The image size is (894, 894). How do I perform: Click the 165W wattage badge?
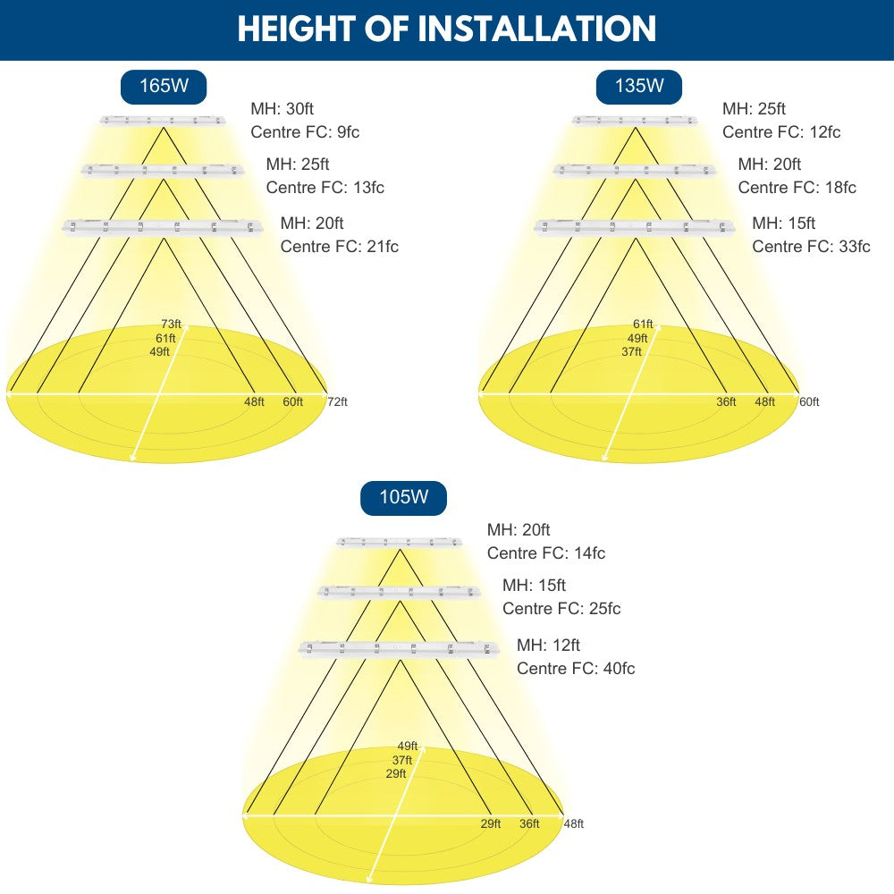[164, 87]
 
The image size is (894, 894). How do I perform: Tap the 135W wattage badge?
[639, 87]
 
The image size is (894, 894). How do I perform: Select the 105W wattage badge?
[403, 498]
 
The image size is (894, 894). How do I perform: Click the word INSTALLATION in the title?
[538, 29]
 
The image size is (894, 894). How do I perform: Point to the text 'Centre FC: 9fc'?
[305, 132]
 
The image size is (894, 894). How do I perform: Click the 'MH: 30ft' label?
[282, 109]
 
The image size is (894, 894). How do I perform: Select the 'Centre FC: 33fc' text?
[811, 247]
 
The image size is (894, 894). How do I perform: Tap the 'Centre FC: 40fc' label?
[576, 669]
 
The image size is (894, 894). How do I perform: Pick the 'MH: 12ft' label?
[548, 645]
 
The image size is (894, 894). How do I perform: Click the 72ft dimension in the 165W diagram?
[337, 402]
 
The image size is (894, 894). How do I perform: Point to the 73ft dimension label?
[171, 324]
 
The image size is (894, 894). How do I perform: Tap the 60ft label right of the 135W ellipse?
[809, 402]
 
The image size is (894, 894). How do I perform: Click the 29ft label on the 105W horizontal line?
[491, 824]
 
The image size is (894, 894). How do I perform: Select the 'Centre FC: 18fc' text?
[797, 188]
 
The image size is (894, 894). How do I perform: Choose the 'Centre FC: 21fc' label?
[339, 247]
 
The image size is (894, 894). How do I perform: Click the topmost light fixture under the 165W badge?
[162, 120]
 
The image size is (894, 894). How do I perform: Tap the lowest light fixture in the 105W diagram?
[399, 647]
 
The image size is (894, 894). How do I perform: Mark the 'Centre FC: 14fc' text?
[545, 553]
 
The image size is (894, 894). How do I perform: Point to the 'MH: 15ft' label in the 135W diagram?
[783, 223]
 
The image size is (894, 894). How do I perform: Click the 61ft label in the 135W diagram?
[643, 324]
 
